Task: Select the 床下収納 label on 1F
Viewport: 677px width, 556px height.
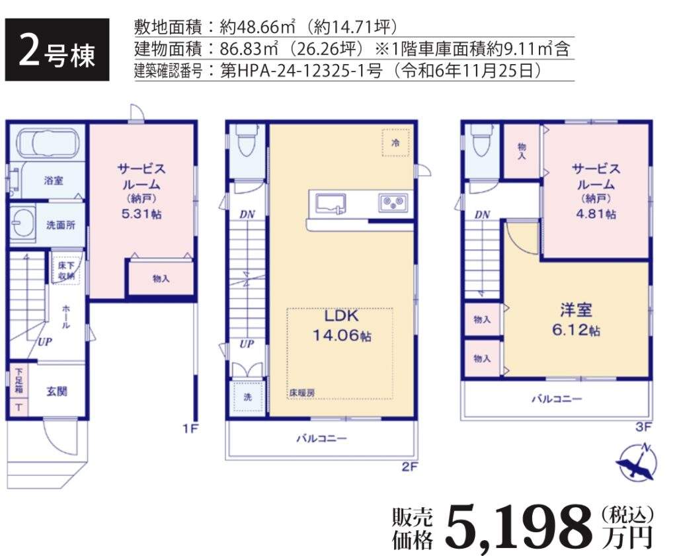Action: point(66,270)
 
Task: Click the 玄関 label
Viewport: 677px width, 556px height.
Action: point(57,391)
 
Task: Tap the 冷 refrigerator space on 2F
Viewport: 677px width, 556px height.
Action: point(395,143)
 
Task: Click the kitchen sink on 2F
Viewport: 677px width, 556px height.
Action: point(331,204)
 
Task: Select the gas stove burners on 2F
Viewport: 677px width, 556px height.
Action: point(393,202)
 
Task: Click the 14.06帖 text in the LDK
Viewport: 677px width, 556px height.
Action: point(342,335)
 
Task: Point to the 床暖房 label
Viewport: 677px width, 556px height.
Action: point(301,393)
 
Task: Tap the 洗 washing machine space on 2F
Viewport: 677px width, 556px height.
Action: point(247,397)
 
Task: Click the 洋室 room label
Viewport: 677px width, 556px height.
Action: point(576,310)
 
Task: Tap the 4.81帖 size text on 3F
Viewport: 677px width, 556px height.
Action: point(596,214)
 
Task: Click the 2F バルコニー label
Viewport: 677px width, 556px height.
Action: point(321,439)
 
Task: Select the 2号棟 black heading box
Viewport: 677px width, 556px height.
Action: point(57,50)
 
